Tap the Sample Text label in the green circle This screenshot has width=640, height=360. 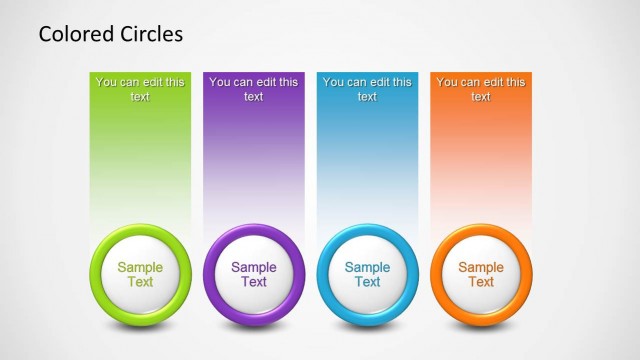(x=140, y=274)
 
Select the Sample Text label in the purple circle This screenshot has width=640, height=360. (x=254, y=274)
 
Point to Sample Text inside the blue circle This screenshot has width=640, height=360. (x=367, y=274)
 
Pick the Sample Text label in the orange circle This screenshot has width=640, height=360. (x=481, y=274)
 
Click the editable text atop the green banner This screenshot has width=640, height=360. (x=140, y=89)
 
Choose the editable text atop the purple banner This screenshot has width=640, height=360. (x=254, y=89)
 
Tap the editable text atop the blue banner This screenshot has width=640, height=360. (x=367, y=89)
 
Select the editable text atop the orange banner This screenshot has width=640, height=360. (x=481, y=89)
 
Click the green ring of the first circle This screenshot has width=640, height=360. (x=97, y=274)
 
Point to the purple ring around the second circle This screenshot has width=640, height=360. (x=211, y=274)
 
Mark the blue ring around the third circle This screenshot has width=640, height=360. (x=324, y=274)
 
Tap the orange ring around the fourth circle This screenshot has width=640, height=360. (x=438, y=274)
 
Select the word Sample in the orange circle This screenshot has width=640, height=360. (x=481, y=267)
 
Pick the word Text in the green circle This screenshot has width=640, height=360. (x=140, y=282)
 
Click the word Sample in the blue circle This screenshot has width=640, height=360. (x=367, y=267)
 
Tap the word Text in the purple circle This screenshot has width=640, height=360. (x=254, y=282)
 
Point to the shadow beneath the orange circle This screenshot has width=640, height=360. (x=481, y=329)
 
